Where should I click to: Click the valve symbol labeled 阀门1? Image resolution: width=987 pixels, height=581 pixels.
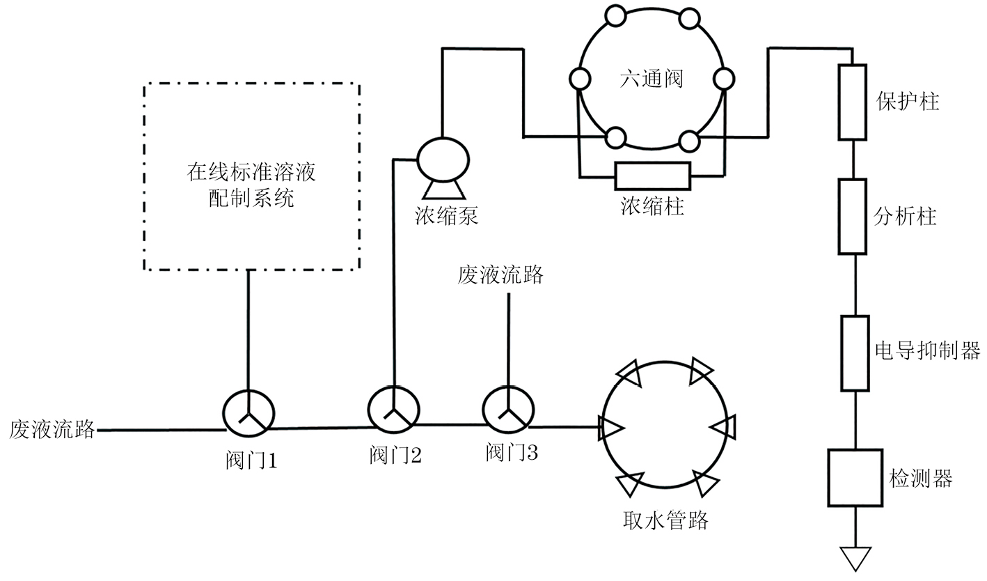pos(248,414)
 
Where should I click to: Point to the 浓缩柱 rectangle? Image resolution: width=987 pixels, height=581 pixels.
pos(652,176)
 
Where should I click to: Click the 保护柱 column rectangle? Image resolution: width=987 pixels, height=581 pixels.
pos(852,102)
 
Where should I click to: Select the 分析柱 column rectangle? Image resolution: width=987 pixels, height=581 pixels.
pos(852,216)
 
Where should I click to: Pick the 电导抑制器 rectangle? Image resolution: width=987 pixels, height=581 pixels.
pos(855,353)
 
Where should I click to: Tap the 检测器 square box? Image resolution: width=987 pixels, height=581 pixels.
pos(855,477)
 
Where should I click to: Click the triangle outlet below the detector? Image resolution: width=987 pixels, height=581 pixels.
pos(855,557)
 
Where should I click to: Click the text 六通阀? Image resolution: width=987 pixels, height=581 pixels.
pos(652,79)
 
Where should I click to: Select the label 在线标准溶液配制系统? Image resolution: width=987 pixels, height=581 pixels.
pos(251,185)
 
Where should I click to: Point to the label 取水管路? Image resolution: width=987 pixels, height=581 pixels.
pos(666,520)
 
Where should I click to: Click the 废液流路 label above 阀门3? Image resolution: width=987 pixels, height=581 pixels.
pos(500,275)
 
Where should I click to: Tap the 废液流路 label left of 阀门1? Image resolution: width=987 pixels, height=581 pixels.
pos(52,429)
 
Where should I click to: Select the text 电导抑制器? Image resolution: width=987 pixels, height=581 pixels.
pos(927,350)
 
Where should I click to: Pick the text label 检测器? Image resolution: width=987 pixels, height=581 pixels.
pos(920,478)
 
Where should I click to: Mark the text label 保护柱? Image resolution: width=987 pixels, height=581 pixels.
pos(907,102)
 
